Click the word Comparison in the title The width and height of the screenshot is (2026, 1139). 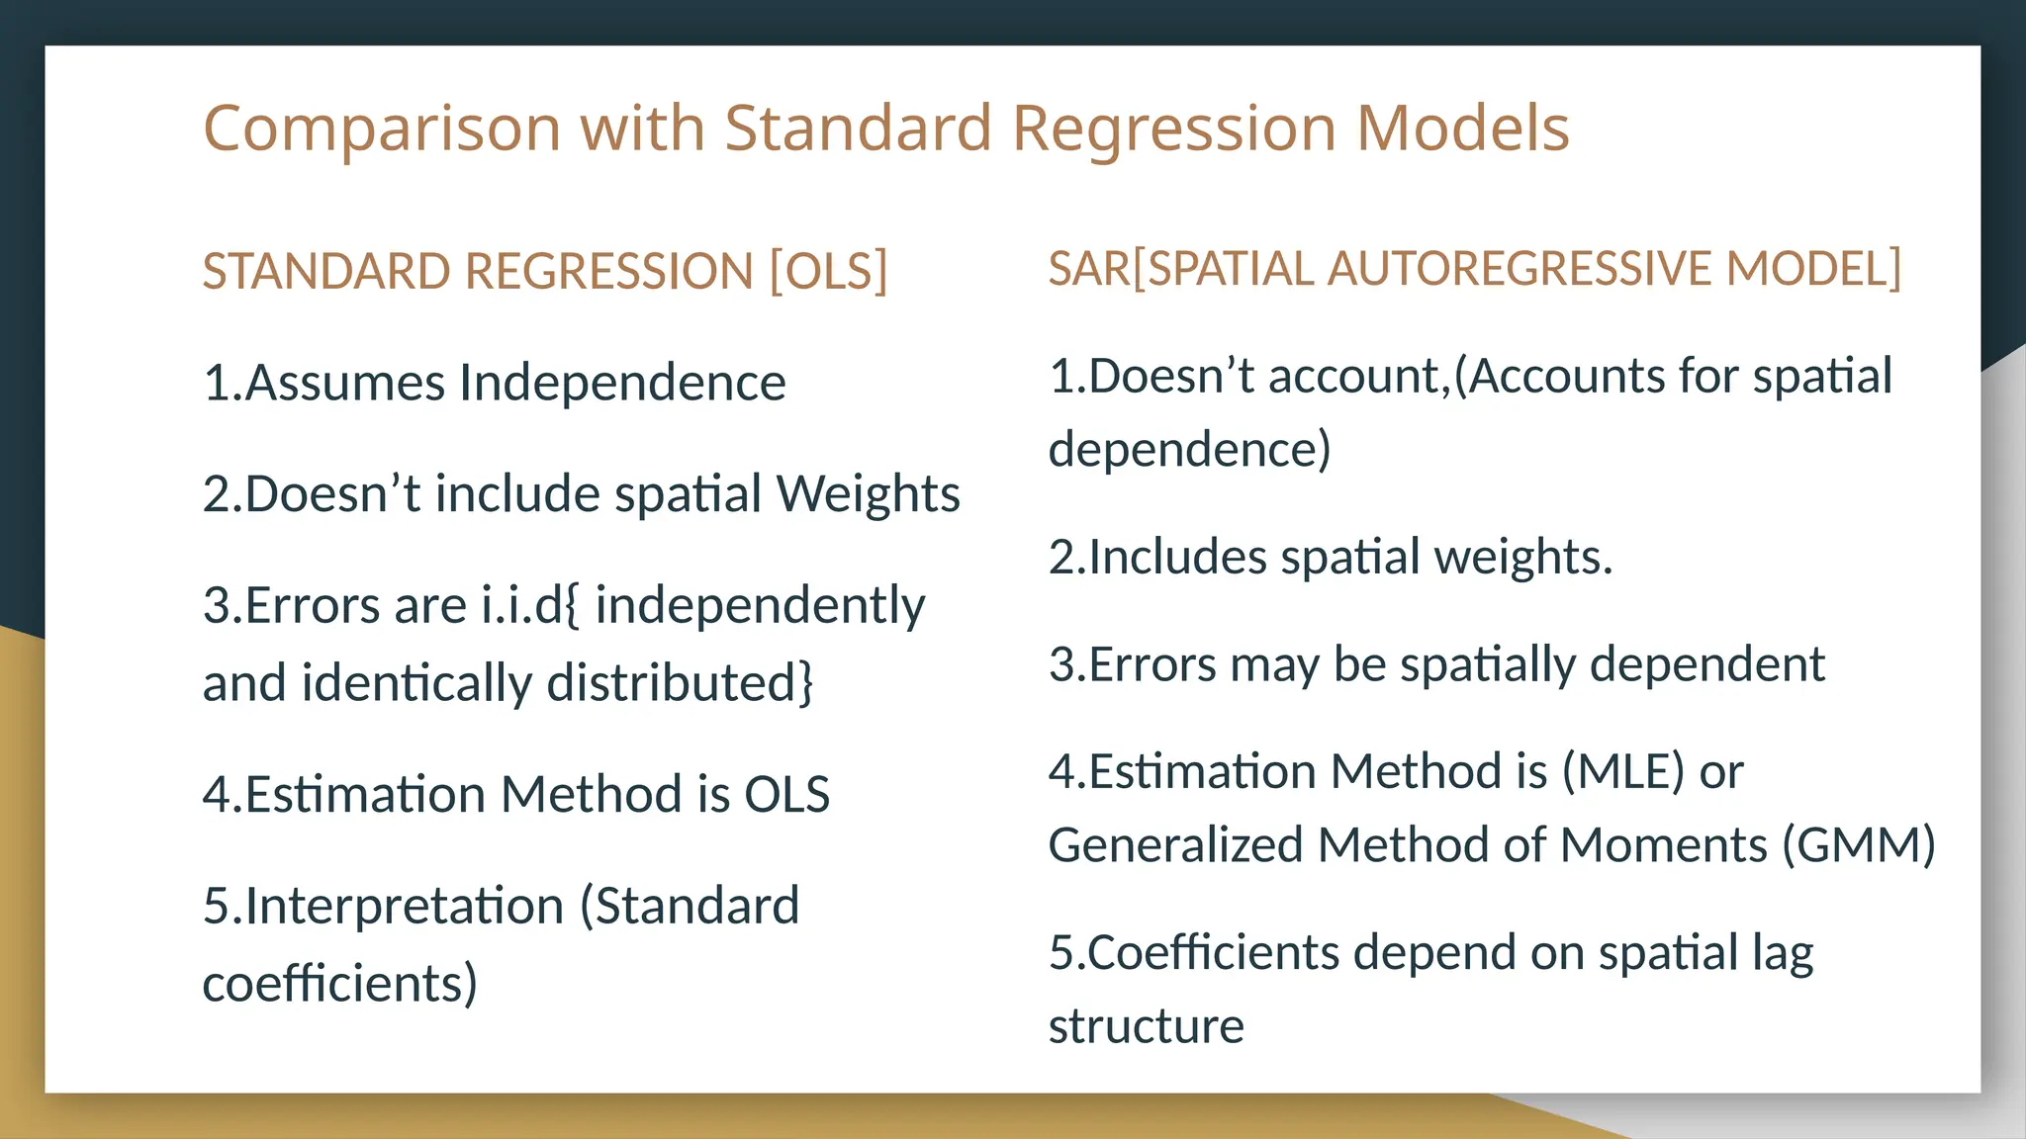382,130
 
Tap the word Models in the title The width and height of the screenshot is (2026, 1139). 1462,129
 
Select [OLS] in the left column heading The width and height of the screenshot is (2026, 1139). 829,271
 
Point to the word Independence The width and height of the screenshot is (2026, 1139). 622,383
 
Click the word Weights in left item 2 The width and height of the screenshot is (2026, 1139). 868,493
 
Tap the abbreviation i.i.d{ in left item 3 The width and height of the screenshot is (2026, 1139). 531,605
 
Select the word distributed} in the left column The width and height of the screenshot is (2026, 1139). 680,683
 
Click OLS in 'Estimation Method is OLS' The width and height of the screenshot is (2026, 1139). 786,794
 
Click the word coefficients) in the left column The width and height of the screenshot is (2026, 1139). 340,984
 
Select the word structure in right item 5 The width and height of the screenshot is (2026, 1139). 1146,1026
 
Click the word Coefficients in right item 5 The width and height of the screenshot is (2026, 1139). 1213,953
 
